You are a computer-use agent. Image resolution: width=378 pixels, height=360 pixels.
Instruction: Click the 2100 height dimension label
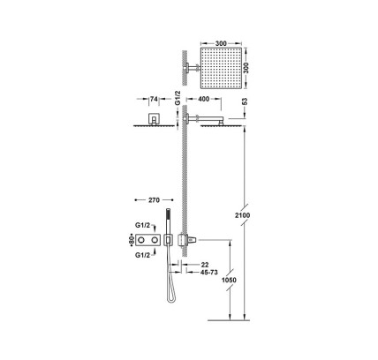[x=243, y=215]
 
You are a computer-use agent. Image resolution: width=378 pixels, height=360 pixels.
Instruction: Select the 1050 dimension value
[x=229, y=280]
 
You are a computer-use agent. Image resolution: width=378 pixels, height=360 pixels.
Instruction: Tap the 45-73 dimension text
[x=209, y=273]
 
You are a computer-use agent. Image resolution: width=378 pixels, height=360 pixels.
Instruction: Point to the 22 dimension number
[x=205, y=265]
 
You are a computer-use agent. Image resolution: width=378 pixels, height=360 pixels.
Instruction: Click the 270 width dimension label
[x=154, y=200]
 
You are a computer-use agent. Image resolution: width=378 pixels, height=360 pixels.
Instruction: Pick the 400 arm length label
[x=204, y=99]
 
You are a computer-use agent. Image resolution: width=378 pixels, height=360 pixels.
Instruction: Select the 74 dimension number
[x=154, y=99]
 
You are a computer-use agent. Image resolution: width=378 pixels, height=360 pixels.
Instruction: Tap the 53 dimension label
[x=245, y=101]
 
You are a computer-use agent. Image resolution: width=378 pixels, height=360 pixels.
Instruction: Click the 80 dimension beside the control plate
[x=132, y=240]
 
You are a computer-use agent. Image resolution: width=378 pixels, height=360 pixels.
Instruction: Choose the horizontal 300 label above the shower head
[x=221, y=43]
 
